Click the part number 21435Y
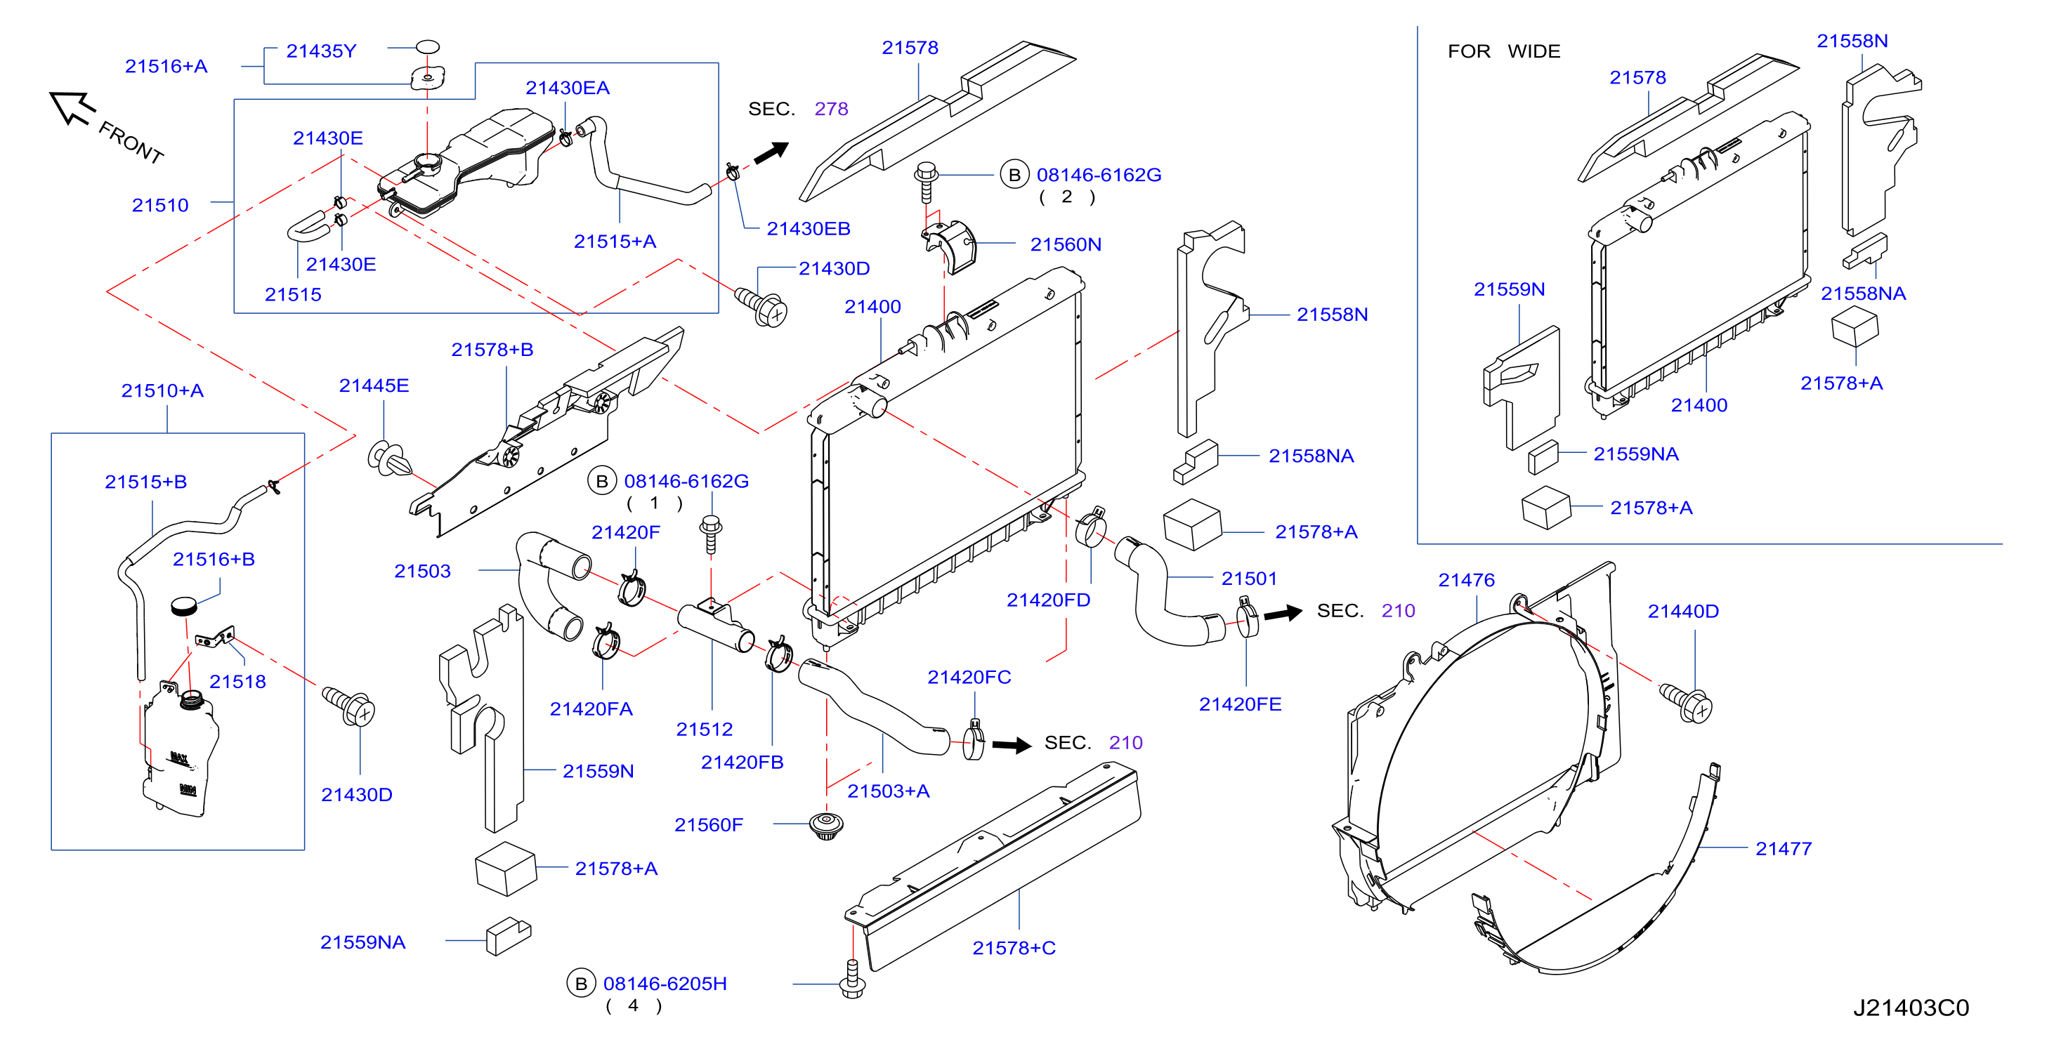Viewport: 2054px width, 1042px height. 321,51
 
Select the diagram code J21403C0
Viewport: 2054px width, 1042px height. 1911,1008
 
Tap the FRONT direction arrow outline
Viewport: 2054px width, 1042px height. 72,107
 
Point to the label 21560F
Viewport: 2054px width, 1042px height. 708,825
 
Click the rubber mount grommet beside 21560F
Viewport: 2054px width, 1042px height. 826,825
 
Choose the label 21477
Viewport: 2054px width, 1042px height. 1784,849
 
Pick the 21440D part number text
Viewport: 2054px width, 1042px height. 1683,612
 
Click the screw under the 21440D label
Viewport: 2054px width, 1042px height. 1686,702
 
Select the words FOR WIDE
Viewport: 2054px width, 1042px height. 1504,51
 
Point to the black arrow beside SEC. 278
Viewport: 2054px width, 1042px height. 771,152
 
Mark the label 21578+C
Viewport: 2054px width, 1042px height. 1014,948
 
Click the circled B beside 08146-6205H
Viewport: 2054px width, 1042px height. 581,984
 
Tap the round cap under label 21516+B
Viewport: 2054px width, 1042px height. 184,606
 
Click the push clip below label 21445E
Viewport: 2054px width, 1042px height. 390,459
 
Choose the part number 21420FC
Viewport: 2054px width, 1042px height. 969,678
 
